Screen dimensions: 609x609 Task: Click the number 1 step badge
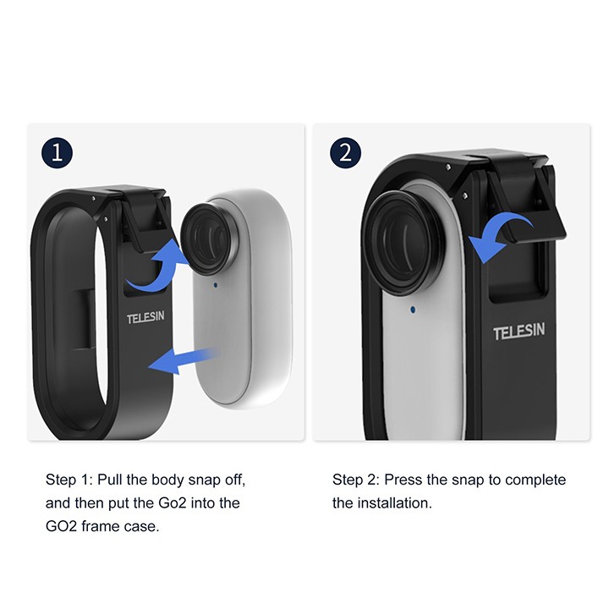pyautogui.click(x=58, y=152)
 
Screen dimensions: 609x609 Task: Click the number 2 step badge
pyautogui.click(x=345, y=152)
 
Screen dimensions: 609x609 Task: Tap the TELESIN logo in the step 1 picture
pyautogui.click(x=145, y=317)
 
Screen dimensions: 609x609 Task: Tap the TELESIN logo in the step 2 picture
pyautogui.click(x=518, y=332)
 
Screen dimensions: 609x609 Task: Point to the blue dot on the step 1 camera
pyautogui.click(x=216, y=285)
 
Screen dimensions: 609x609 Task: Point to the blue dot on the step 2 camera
pyautogui.click(x=413, y=310)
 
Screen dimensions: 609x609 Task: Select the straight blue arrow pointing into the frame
pyautogui.click(x=183, y=360)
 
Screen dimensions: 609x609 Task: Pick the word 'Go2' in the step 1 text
pyautogui.click(x=173, y=503)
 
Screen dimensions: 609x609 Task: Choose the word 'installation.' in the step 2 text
pyautogui.click(x=395, y=503)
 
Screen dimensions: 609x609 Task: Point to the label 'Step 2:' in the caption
pyautogui.click(x=355, y=480)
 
